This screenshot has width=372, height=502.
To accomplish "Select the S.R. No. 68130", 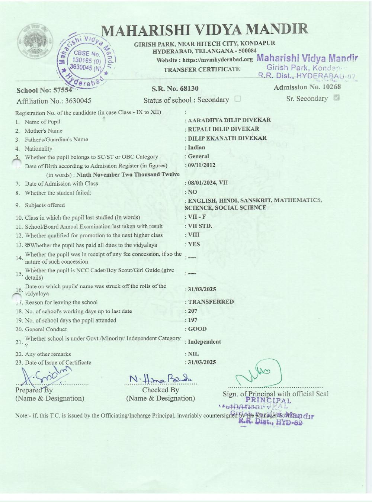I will tap(175, 89).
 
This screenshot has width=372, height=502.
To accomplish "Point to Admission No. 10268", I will tap(307, 87).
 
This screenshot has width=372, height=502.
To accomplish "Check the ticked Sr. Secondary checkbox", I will tap(337, 98).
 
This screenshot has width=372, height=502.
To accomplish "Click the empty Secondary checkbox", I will tap(238, 99).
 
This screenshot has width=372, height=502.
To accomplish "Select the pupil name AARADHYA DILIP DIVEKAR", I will tap(229, 120).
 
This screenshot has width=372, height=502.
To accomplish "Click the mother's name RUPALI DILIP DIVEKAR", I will tap(224, 129).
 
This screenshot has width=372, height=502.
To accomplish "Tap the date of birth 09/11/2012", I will tap(202, 165).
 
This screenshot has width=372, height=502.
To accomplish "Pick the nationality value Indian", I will tap(196, 147).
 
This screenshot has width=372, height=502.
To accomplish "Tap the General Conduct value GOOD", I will tap(197, 329).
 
